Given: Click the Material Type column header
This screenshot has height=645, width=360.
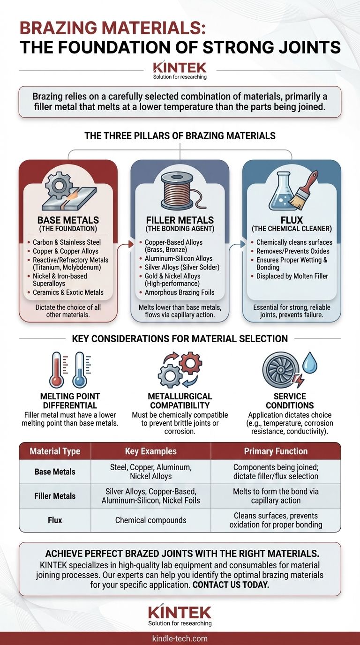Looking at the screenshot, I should coord(55,451).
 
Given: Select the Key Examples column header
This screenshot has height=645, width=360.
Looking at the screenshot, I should coord(150,451).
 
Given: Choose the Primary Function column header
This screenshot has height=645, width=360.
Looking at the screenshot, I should coord(276,451).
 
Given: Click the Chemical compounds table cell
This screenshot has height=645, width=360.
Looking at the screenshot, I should coord(150,520).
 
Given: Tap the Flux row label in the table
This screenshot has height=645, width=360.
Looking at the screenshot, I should coord(55,520).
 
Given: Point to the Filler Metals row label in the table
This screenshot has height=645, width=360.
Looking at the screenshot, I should coord(55,496).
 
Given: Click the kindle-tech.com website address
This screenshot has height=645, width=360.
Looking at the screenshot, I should coord(180,638).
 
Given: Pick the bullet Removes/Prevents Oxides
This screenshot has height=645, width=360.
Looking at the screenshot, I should coord(292,251).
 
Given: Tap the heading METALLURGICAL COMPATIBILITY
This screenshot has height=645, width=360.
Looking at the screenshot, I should coord(180,401).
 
